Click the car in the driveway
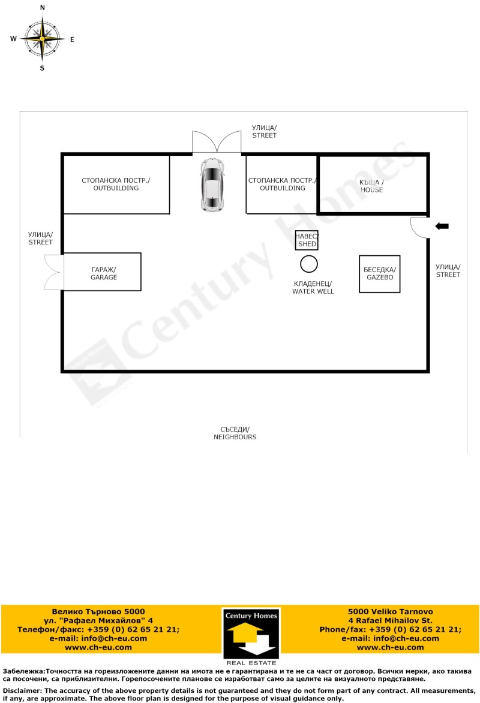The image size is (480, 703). point(212,184)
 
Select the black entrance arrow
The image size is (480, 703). point(442,226)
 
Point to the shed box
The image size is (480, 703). point(307,240)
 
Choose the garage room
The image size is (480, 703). point(103,271)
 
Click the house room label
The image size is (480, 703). point(371,186)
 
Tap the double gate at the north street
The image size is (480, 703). point(217,141)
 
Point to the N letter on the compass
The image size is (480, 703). point(43,8)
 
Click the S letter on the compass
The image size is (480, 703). point(42,68)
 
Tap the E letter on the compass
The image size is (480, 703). point(72,40)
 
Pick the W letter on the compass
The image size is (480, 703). point(13,38)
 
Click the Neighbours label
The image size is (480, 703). point(235,433)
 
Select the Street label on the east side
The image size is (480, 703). point(448,271)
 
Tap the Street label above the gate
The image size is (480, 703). point(265,131)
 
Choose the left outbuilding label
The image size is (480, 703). point(116,184)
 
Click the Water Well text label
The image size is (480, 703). point(313,288)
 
